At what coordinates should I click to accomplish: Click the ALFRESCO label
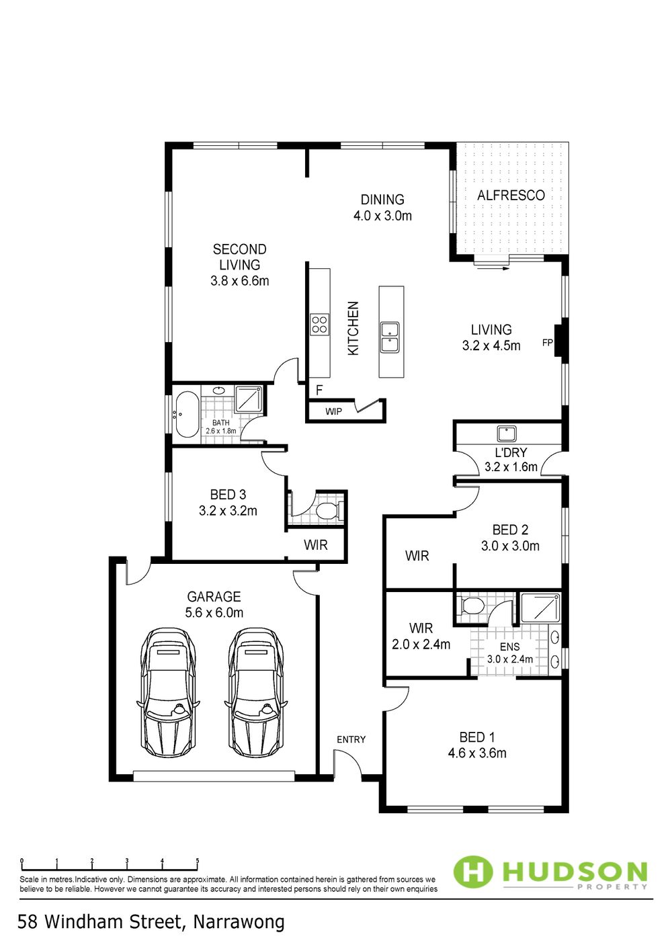[x=511, y=196]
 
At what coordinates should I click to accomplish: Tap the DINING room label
[x=382, y=200]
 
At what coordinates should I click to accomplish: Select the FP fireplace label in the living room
[x=548, y=342]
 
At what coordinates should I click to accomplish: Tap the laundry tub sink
[x=507, y=434]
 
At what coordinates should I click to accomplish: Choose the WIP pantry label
[x=334, y=411]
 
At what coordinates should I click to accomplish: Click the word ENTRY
[x=351, y=739]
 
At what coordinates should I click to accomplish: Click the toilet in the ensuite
[x=470, y=605]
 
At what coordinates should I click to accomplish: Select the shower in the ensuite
[x=540, y=608]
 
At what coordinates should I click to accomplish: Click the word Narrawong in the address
[x=239, y=923]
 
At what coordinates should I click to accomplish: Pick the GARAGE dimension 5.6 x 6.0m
[x=214, y=613]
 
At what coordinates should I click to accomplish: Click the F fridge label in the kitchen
[x=319, y=390]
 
